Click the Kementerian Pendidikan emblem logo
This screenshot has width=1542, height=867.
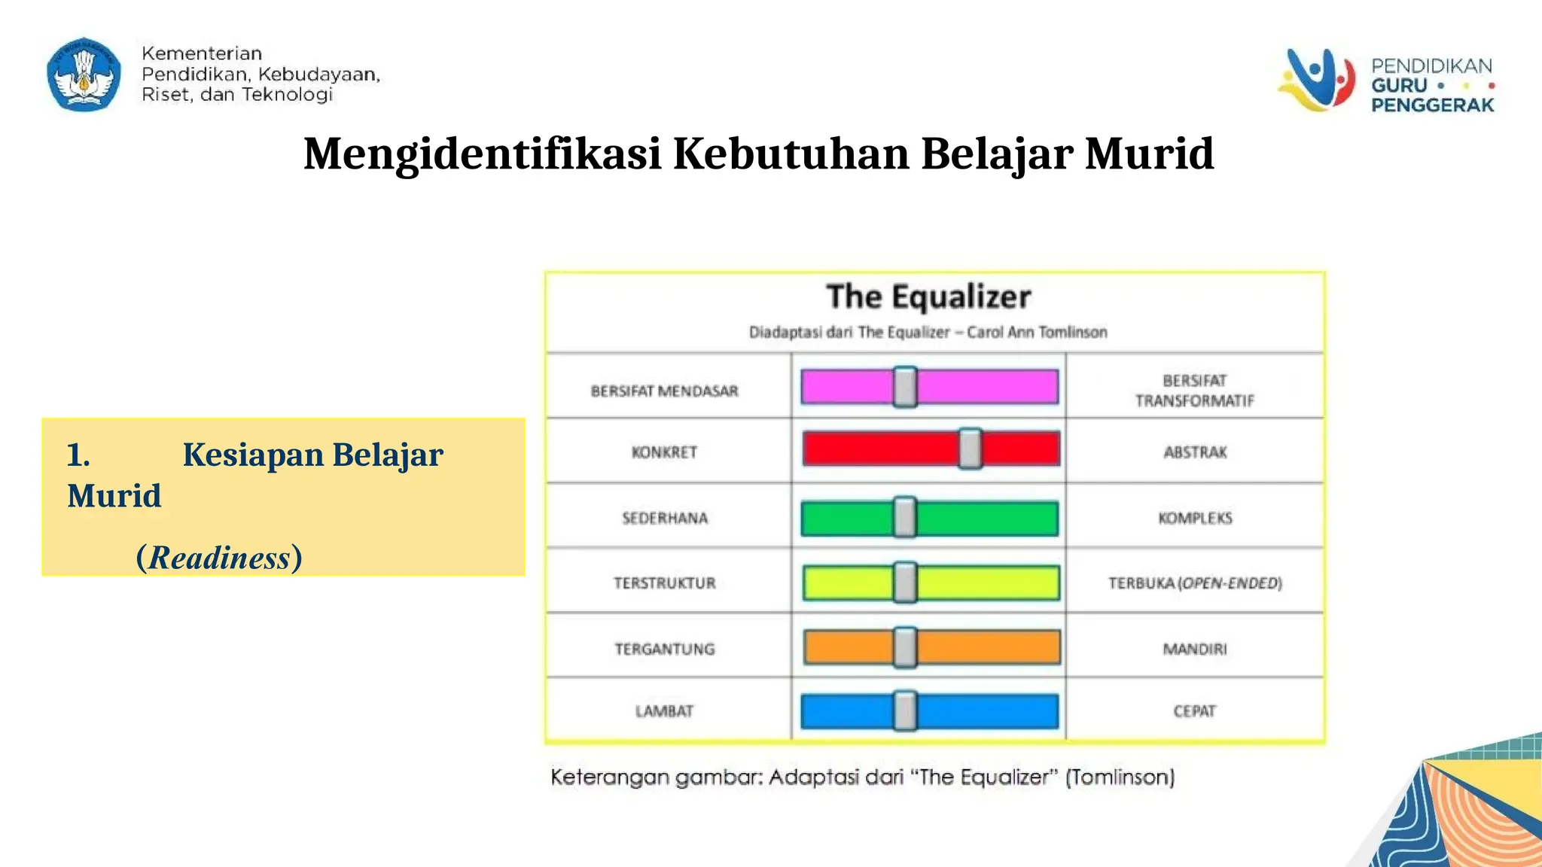[x=84, y=75]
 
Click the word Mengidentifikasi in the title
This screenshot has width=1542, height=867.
[x=482, y=154]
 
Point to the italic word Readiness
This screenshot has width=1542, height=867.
[x=219, y=558]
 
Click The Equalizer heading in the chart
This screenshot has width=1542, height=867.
[x=928, y=297]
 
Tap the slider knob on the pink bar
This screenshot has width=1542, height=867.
[x=905, y=387]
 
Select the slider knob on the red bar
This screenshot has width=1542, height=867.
[x=970, y=449]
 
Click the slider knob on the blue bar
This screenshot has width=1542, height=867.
[x=905, y=711]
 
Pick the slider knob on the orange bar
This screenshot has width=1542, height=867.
[x=905, y=647]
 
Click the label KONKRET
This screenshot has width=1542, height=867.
[x=664, y=452]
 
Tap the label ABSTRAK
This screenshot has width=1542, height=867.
[x=1195, y=452]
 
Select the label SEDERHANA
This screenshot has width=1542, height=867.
[x=665, y=518]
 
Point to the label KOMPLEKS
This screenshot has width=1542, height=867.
[x=1195, y=518]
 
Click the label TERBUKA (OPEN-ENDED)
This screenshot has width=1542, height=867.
[x=1195, y=583]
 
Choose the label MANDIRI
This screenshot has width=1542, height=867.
[x=1195, y=649]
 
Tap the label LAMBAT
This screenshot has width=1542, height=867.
[x=664, y=711]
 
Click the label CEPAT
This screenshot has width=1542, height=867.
[x=1195, y=711]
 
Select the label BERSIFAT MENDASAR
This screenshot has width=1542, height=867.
[x=664, y=391]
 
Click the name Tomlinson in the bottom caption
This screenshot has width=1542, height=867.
[x=1120, y=777]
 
